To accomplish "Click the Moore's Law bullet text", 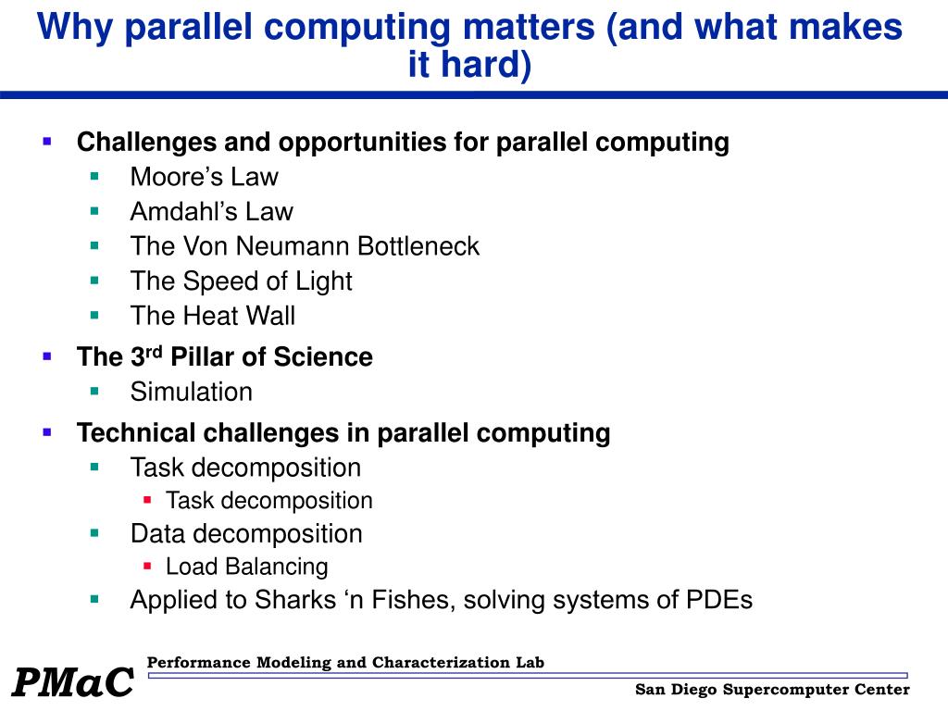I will click(204, 177).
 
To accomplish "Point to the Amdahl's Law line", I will click(211, 212).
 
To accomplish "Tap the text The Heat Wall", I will click(212, 316).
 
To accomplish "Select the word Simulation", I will click(191, 392).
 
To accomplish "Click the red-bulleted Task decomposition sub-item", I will click(268, 501).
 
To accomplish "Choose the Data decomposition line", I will click(246, 534).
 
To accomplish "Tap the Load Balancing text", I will click(246, 567).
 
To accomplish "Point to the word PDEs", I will click(718, 600).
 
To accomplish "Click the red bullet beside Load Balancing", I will click(147, 565).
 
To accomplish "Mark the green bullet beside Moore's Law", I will click(94, 176).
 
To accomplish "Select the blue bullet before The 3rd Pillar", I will click(47, 355).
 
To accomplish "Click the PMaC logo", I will click(72, 683).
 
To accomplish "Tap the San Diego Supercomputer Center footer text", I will click(772, 690).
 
